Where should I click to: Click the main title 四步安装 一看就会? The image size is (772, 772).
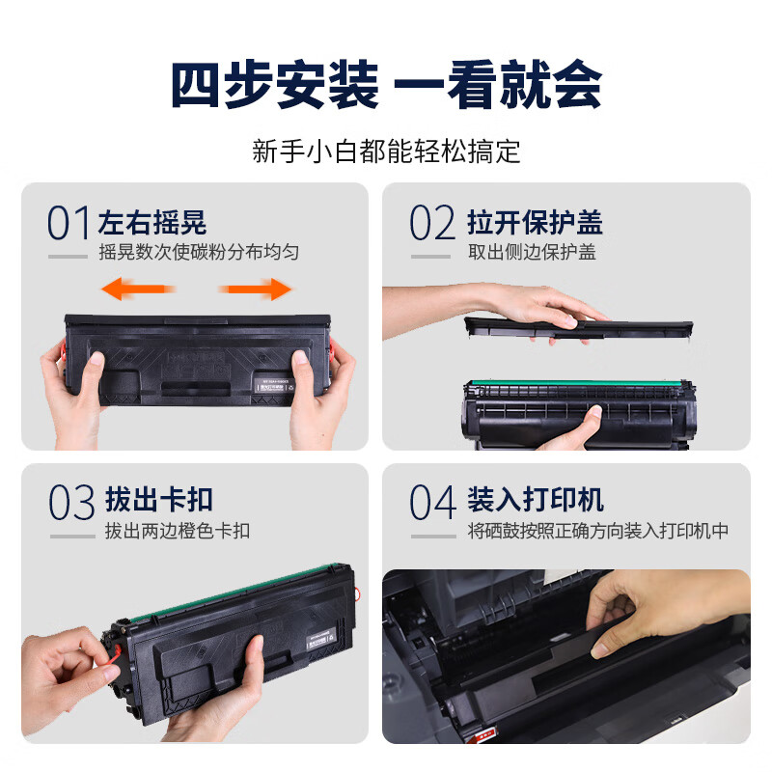tap(386, 85)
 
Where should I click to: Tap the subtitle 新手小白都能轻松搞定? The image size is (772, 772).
tap(386, 152)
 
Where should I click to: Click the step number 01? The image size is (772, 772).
tap(69, 224)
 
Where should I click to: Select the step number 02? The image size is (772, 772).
tap(431, 224)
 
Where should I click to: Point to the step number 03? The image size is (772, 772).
tap(71, 503)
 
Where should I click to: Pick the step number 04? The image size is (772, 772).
tap(432, 503)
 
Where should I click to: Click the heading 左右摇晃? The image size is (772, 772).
tap(152, 223)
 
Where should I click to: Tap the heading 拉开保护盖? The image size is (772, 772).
tap(535, 223)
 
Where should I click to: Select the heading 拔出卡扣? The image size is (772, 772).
tap(158, 500)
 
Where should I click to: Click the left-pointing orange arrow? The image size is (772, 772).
tap(139, 288)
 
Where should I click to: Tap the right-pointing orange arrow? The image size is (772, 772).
tap(256, 289)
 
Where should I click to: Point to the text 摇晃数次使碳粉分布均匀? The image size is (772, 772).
tap(199, 253)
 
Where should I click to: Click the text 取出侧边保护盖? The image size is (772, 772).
tap(532, 253)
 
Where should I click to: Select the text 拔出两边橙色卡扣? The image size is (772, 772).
tap(178, 531)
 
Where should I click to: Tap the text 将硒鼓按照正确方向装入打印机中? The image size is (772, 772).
tap(598, 531)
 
